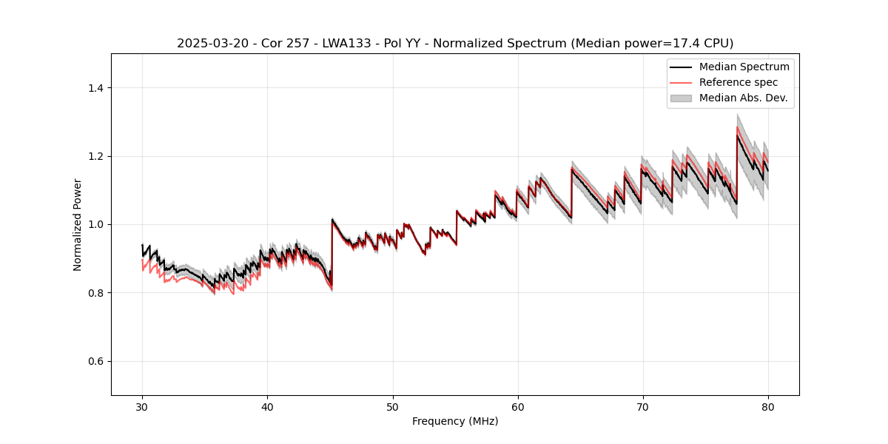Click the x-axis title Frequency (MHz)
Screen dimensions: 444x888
455,421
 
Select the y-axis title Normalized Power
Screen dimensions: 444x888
78,224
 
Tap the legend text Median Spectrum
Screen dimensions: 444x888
744,67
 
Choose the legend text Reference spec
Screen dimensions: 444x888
739,82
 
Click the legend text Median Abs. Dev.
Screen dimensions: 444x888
743,98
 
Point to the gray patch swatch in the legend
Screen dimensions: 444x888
681,98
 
